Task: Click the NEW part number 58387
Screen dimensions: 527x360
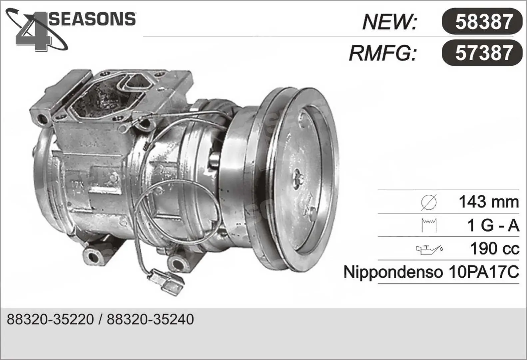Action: (x=484, y=21)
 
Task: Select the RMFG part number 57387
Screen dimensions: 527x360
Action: (x=484, y=53)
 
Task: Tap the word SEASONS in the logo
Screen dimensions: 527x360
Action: (x=92, y=19)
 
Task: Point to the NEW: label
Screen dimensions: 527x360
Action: (x=390, y=22)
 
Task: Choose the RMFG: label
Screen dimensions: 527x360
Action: (x=383, y=53)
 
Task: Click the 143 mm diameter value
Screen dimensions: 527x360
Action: (x=489, y=202)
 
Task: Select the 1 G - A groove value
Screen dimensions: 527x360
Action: (x=493, y=225)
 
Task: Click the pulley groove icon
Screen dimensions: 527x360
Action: (x=429, y=225)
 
